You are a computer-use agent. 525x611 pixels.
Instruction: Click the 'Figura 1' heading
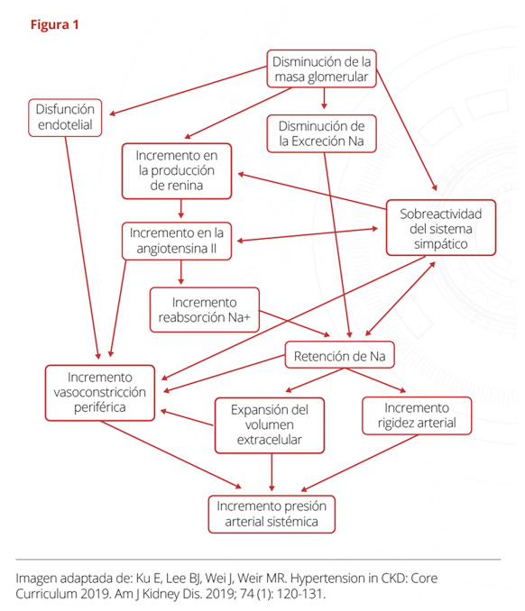pyautogui.click(x=55, y=25)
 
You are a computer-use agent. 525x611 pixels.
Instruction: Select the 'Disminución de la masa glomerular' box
pyautogui.click(x=321, y=68)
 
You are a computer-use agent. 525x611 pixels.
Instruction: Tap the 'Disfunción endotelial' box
pyautogui.click(x=65, y=118)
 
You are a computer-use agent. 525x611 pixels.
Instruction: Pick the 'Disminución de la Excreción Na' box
pyautogui.click(x=321, y=133)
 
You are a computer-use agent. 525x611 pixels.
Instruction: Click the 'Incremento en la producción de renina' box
pyautogui.click(x=177, y=171)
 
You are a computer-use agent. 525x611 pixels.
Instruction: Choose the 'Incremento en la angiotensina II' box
pyautogui.click(x=177, y=241)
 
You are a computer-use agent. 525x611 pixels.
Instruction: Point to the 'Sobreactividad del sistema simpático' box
pyautogui.click(x=441, y=228)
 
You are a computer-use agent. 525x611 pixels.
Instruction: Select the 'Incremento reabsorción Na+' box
pyautogui.click(x=205, y=310)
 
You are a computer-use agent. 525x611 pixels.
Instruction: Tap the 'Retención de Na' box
pyautogui.click(x=340, y=355)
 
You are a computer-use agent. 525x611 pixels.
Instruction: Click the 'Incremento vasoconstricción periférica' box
pyautogui.click(x=100, y=393)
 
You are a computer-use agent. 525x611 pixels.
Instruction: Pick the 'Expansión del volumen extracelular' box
pyautogui.click(x=270, y=425)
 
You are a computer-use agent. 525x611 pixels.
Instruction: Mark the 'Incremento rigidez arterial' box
pyautogui.click(x=417, y=415)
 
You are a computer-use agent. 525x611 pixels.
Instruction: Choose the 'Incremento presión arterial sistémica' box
pyautogui.click(x=272, y=514)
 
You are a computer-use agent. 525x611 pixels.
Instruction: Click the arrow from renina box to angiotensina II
pyautogui.click(x=181, y=208)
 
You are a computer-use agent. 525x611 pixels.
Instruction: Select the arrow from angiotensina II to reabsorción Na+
pyautogui.click(x=181, y=272)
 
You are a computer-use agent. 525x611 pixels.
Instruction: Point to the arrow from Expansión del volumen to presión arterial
pyautogui.click(x=272, y=472)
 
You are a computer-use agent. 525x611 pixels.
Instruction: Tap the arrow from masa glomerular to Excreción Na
pyautogui.click(x=324, y=98)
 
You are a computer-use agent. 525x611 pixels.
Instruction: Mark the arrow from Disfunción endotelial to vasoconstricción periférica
pyautogui.click(x=82, y=248)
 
